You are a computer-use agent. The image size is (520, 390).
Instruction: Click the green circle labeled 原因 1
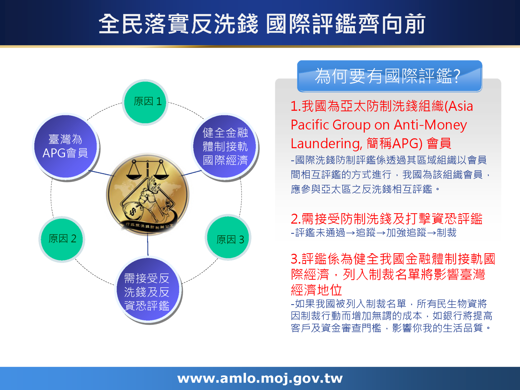coord(145,102)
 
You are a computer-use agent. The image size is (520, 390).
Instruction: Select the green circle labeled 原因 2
coord(62,239)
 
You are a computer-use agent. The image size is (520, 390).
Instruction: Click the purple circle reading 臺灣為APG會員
coord(66,146)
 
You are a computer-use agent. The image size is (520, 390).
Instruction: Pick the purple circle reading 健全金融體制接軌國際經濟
coord(225,146)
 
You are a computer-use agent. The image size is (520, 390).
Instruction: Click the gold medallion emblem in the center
coord(148,193)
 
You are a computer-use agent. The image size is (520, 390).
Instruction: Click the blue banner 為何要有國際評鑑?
coord(389,76)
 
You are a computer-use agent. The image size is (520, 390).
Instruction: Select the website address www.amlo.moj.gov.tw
coord(260,378)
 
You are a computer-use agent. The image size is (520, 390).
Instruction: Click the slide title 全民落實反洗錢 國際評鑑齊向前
coord(262,24)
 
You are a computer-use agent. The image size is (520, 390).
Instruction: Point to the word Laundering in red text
coord(326,143)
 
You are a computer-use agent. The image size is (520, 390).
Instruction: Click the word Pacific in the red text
coord(310,125)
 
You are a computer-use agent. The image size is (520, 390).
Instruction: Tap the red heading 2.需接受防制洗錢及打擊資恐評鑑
coord(386,219)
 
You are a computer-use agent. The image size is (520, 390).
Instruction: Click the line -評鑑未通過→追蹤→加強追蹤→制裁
coord(374,233)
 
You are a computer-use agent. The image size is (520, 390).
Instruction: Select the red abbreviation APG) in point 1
coord(407,143)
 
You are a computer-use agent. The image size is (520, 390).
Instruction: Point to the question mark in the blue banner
coord(457,76)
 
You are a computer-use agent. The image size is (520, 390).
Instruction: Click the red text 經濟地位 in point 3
coord(317,290)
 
